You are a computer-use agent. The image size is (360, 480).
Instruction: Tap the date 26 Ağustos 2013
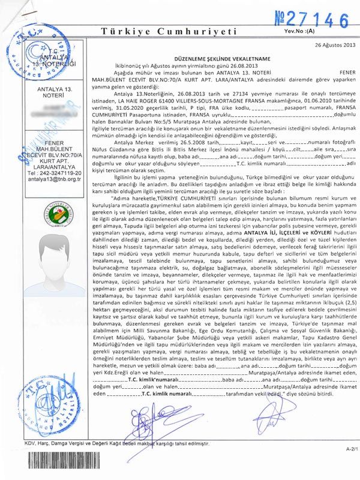(x=334, y=45)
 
